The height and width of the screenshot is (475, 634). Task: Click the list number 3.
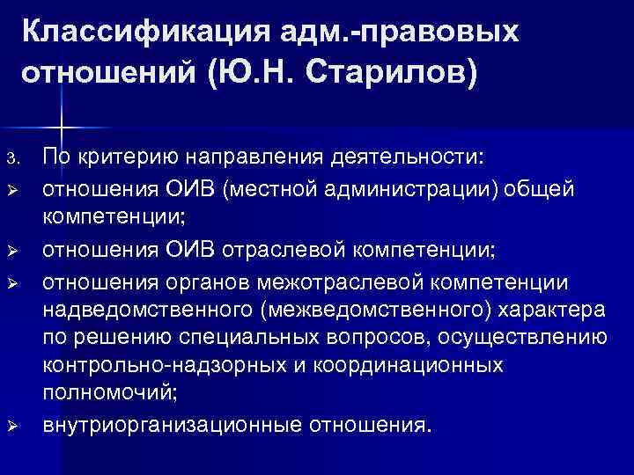11,158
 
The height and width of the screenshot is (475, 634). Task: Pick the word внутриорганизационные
171,426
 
